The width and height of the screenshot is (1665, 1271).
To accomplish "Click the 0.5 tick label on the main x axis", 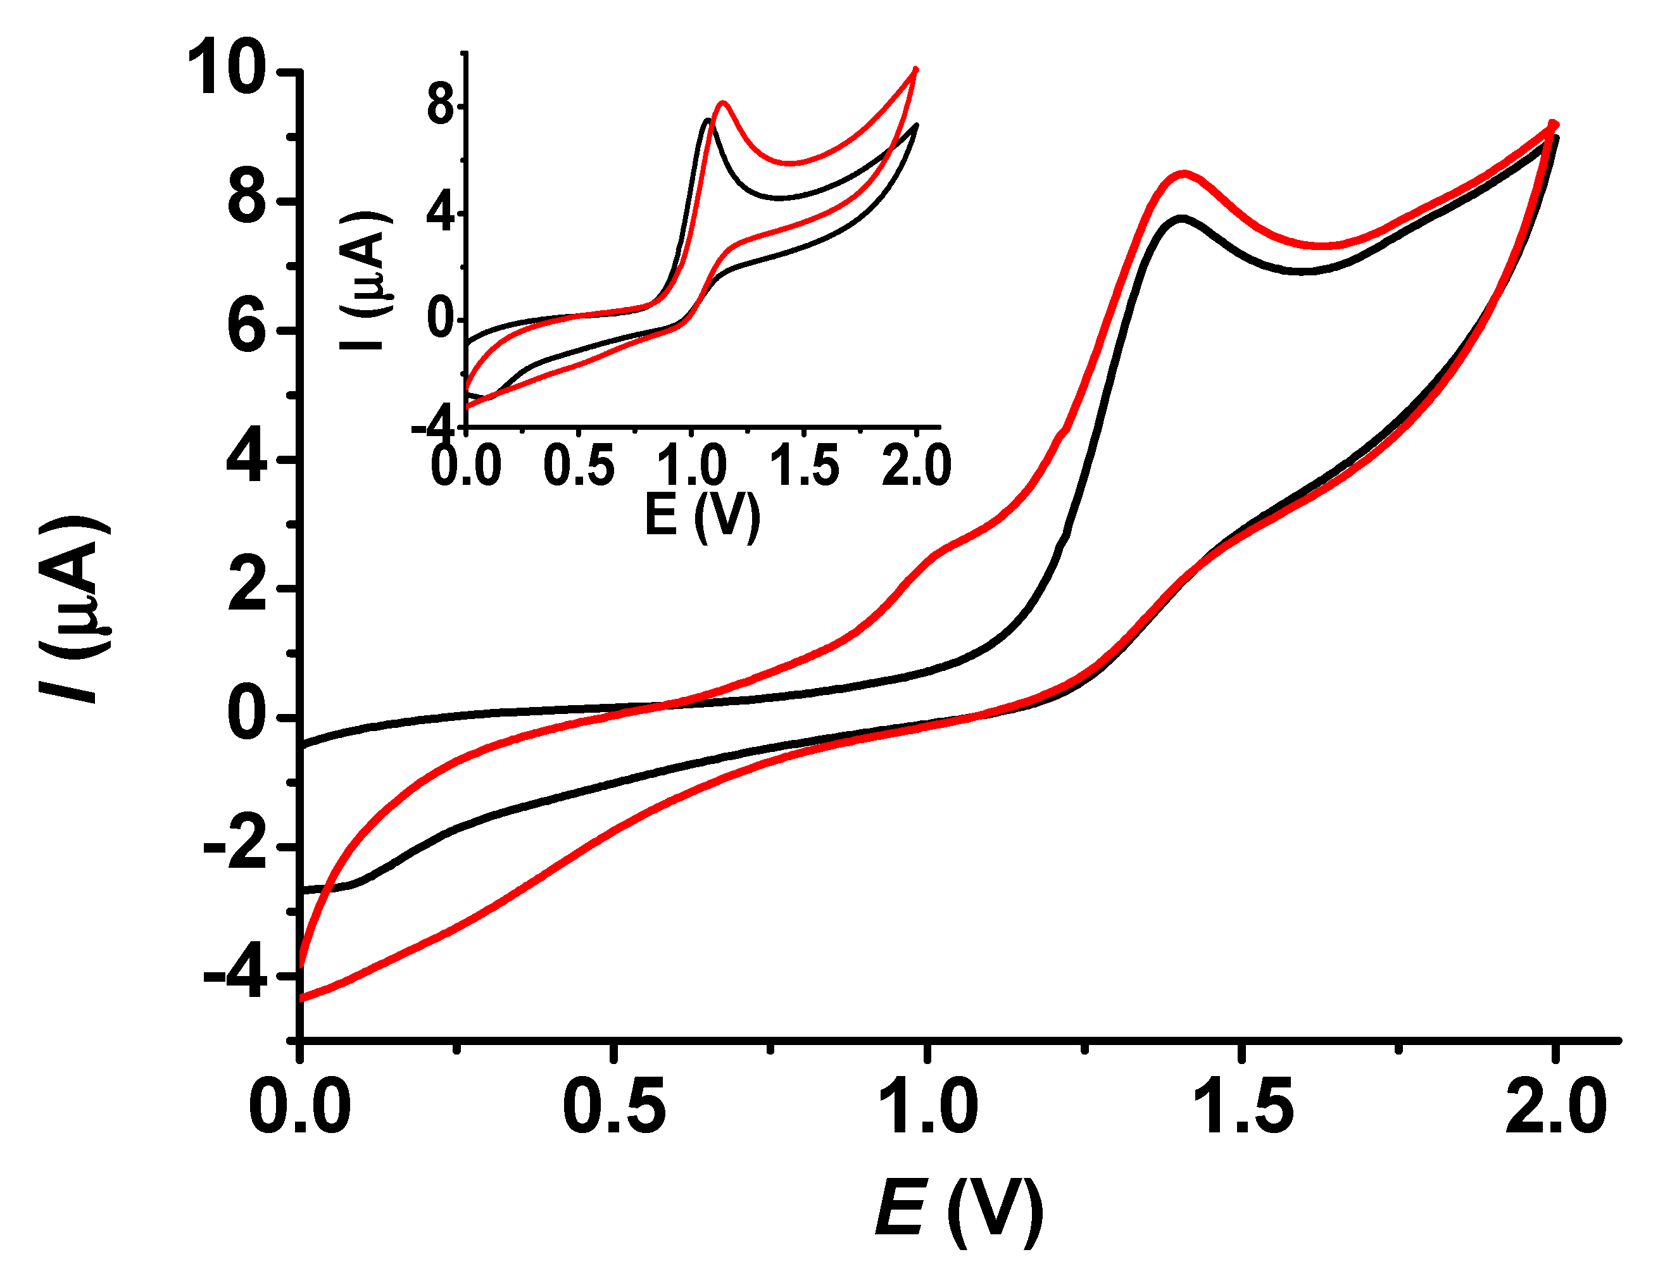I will [614, 1107].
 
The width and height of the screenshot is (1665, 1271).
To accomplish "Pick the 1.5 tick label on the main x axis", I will [1242, 1107].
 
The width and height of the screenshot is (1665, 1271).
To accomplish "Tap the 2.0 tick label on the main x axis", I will [1555, 1107].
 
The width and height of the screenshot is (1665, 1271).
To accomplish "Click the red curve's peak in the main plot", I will [1184, 174].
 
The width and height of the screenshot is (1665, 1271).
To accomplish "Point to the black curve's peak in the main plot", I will [1181, 218].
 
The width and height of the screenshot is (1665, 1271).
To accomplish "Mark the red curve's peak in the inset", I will [723, 103].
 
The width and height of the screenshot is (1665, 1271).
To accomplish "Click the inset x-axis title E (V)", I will [702, 515].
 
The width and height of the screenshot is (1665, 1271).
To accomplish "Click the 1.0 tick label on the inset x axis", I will [691, 465].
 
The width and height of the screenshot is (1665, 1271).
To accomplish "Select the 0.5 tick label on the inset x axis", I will [579, 465].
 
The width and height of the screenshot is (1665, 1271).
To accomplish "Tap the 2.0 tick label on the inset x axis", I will [916, 465].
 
